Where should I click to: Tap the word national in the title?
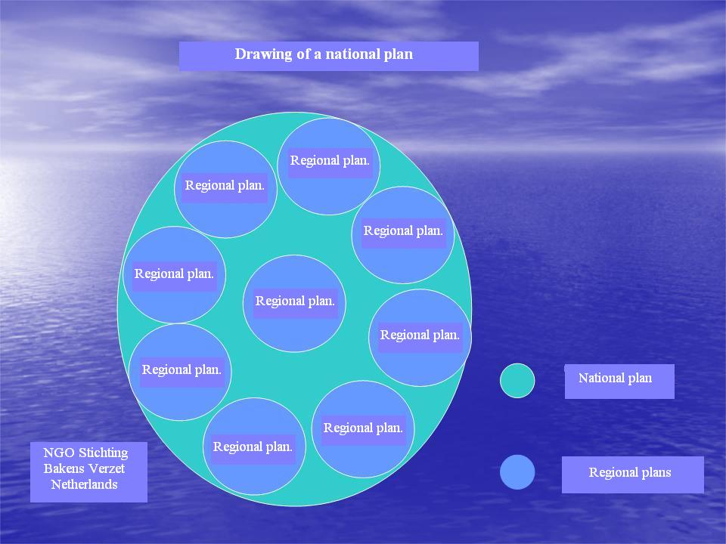click(346, 54)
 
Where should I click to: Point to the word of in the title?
click(304, 54)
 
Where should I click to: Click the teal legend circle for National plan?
click(517, 381)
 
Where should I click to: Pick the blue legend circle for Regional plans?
click(517, 471)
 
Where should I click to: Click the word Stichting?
click(104, 453)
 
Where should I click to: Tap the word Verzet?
click(107, 468)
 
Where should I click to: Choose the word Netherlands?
click(84, 484)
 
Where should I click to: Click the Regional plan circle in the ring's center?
click(294, 304)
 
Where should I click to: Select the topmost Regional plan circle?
click(329, 166)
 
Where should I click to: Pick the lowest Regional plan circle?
click(254, 447)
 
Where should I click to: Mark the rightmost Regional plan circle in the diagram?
click(420, 338)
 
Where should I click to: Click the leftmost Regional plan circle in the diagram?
click(174, 275)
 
